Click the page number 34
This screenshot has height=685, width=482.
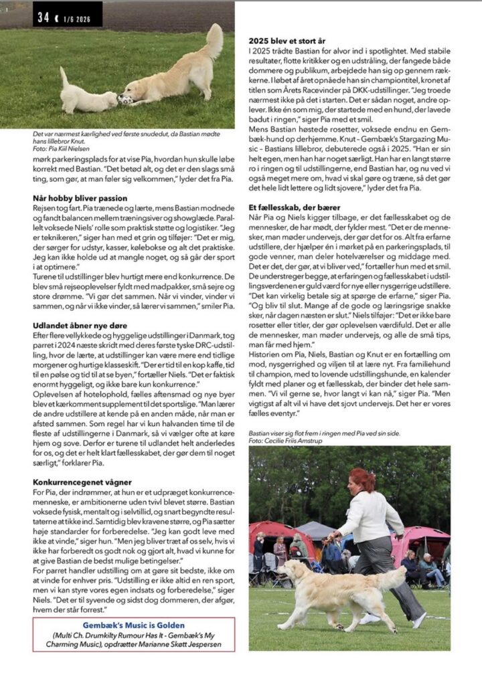click(44, 18)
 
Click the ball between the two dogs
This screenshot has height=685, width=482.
click(125, 100)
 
